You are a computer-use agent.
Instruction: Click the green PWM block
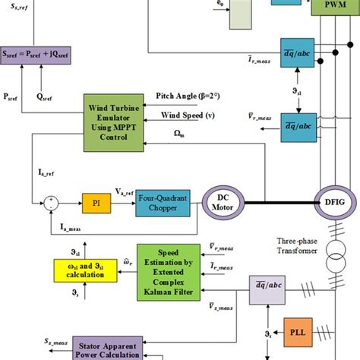(x=331, y=9)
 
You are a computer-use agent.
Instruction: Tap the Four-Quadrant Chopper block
(x=163, y=203)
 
